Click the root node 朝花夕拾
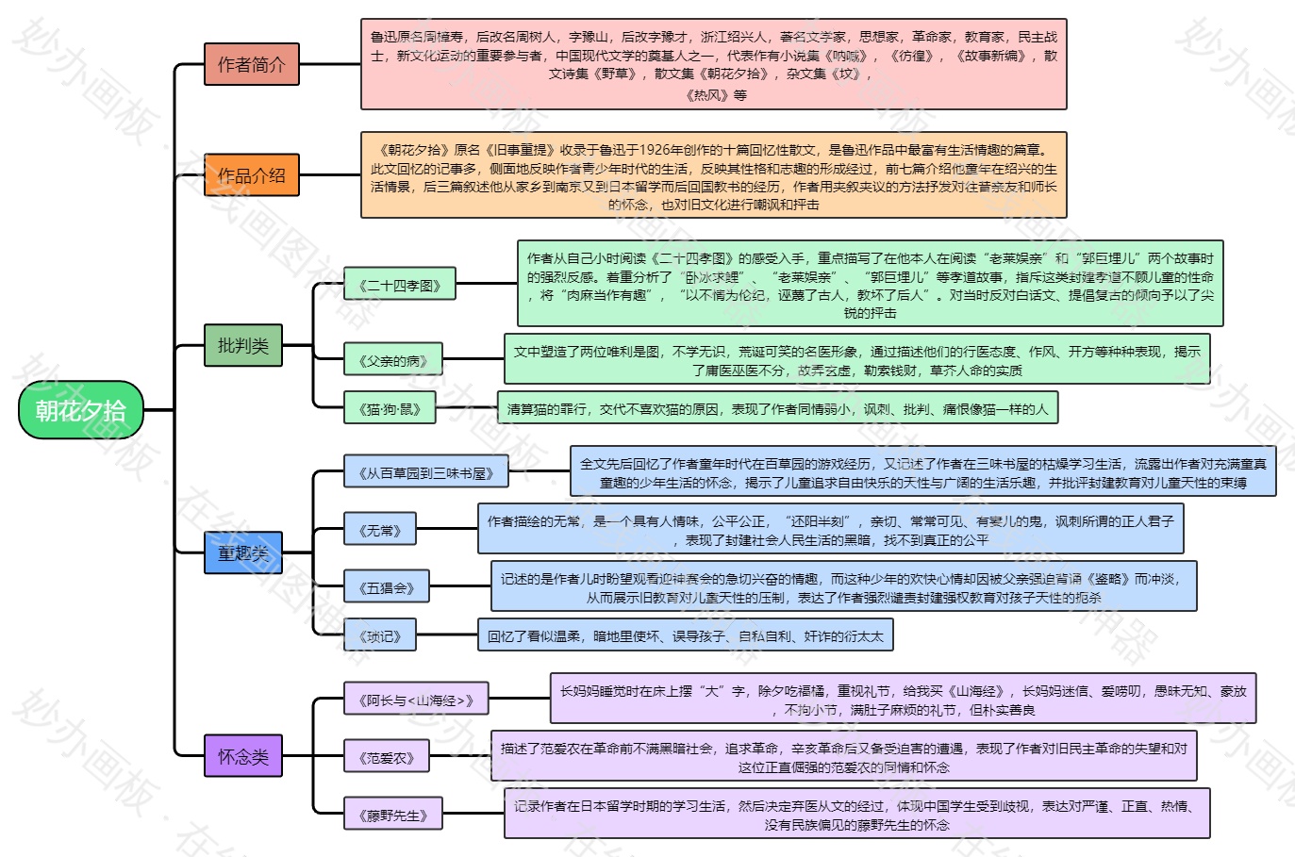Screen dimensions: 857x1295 [x=81, y=410]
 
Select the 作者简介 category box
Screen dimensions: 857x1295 [x=251, y=64]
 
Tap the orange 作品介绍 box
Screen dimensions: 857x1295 [x=251, y=175]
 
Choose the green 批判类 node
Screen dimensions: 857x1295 [x=243, y=346]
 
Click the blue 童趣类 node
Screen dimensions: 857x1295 [x=243, y=552]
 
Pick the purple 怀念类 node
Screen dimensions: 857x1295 [x=243, y=756]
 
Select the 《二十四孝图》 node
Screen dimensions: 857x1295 [x=399, y=285]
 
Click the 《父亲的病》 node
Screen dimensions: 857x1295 [x=392, y=360]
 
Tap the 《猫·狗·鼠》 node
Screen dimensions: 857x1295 [x=390, y=409]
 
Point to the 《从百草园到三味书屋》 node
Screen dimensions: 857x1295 [x=425, y=472]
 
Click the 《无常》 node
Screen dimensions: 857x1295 [x=380, y=531]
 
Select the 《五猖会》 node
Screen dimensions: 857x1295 [x=387, y=588]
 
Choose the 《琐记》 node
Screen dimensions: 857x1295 [x=380, y=636]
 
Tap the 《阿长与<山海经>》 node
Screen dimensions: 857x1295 [x=416, y=700]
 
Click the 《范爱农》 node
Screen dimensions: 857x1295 [x=387, y=757]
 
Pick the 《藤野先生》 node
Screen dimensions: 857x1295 [x=392, y=815]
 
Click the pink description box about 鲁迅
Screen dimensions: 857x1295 [x=713, y=64]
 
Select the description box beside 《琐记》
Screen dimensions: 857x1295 [x=685, y=636]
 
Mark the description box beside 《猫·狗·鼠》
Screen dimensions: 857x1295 [x=777, y=409]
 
